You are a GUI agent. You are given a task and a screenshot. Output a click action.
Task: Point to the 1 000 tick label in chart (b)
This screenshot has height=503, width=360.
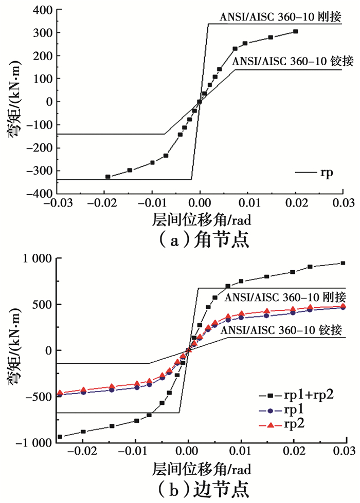click(x=34, y=259)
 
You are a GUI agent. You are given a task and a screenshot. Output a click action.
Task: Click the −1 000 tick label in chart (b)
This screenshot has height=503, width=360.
click(x=32, y=442)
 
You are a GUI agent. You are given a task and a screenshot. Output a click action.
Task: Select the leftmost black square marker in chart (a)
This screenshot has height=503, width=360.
click(x=108, y=177)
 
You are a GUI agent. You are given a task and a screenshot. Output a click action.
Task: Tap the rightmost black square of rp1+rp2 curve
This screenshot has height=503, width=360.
click(x=343, y=264)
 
